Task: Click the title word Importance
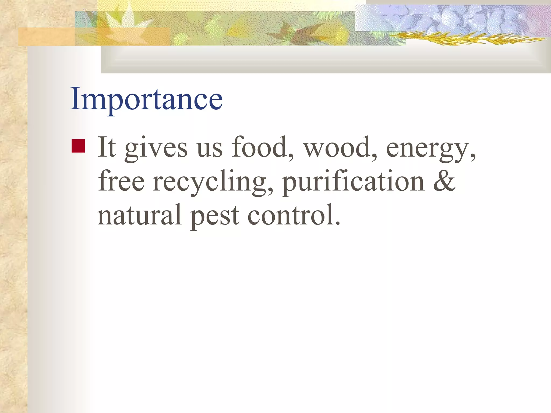(x=146, y=99)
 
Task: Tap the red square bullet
(x=78, y=146)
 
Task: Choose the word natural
(x=139, y=215)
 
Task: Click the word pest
(x=215, y=217)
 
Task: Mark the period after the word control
(x=338, y=223)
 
